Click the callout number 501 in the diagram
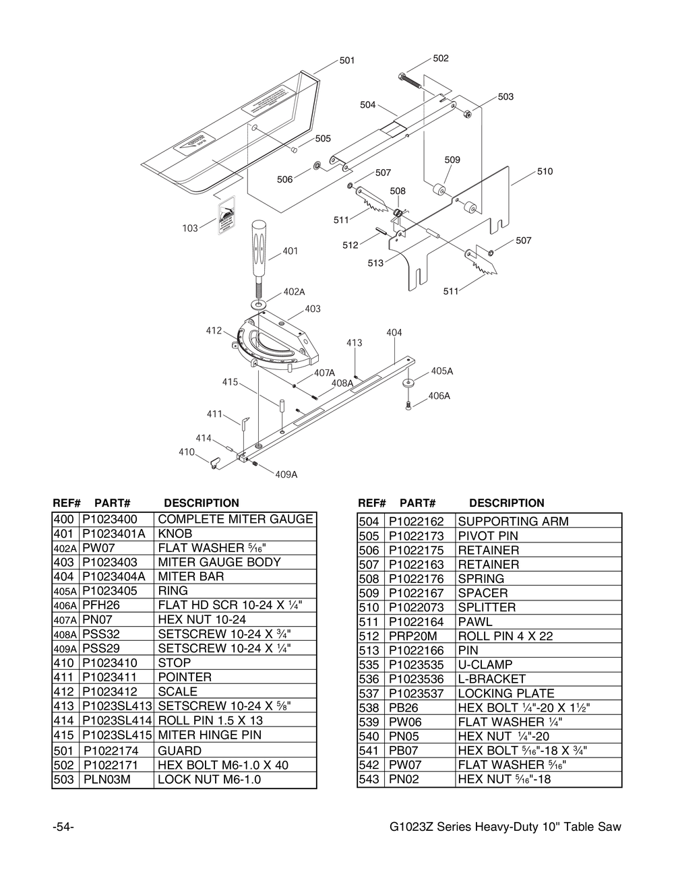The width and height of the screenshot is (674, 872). tap(347, 61)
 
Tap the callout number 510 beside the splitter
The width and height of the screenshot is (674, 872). tap(545, 172)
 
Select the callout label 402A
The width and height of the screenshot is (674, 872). tap(294, 292)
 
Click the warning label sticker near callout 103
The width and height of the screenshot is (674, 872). tap(226, 217)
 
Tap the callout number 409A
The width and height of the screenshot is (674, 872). tap(286, 474)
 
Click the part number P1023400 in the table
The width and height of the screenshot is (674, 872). tap(109, 520)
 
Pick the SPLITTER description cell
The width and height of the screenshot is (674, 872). tap(487, 607)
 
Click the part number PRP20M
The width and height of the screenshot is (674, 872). tap(412, 636)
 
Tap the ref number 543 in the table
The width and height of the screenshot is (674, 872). tap(369, 780)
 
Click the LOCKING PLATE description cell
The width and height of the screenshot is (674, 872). tap(506, 693)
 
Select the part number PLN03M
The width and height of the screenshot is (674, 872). tap(106, 780)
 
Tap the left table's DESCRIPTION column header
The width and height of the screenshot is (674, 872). tap(201, 503)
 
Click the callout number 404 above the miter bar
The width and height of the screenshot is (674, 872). tap(394, 333)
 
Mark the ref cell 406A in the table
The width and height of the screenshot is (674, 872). tap(65, 606)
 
